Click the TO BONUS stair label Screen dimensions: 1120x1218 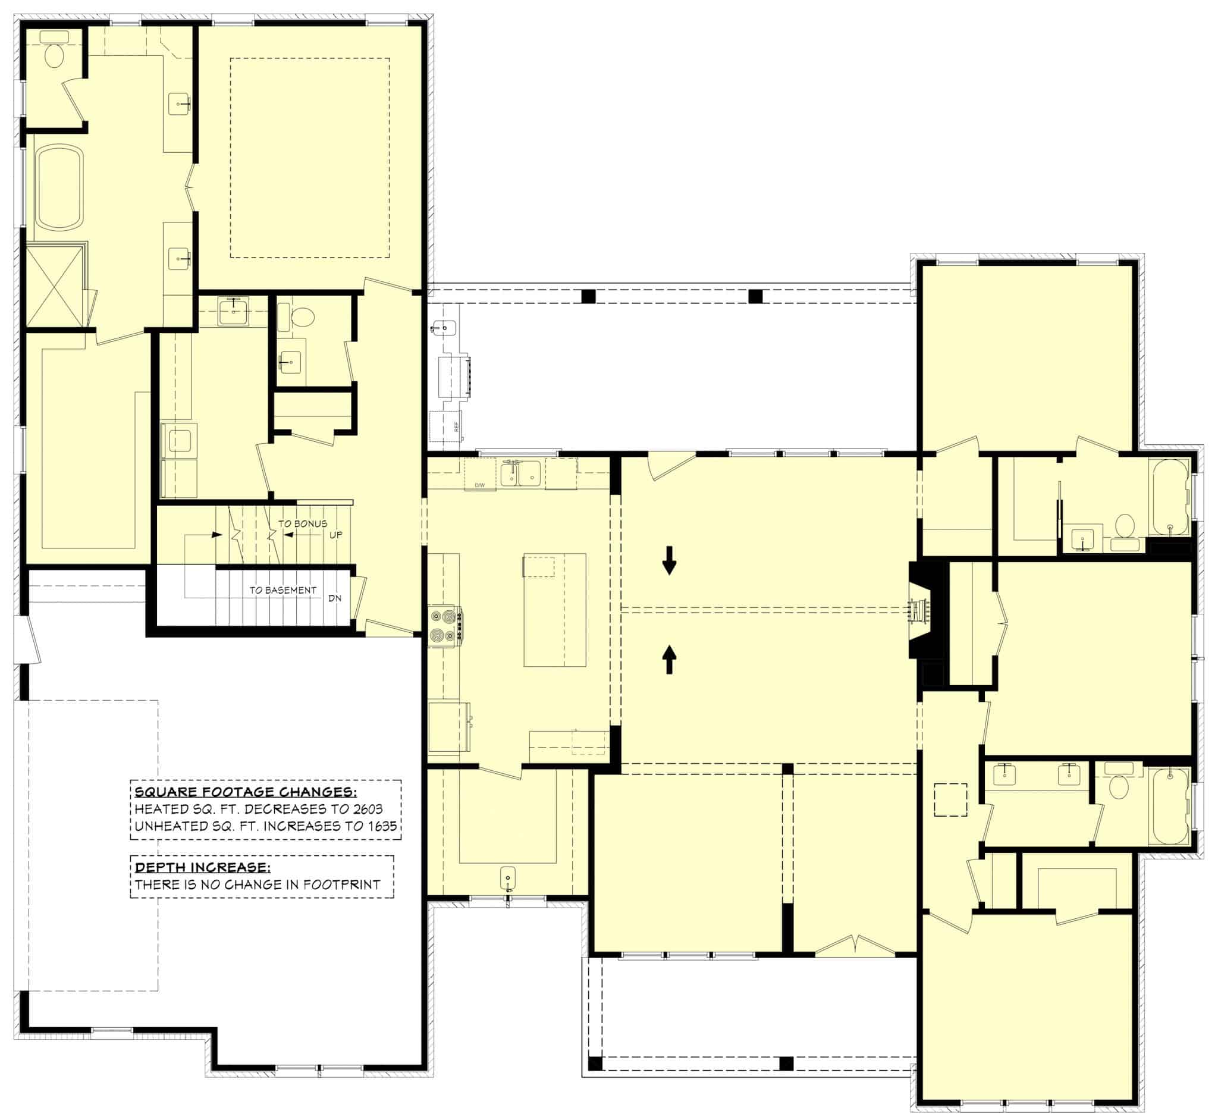click(x=302, y=523)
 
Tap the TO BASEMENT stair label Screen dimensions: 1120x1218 click(x=282, y=589)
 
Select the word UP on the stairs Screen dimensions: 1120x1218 click(x=335, y=535)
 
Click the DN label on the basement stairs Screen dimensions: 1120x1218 click(x=334, y=598)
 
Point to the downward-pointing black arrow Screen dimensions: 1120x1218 click(x=669, y=560)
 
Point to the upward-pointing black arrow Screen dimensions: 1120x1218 click(x=669, y=660)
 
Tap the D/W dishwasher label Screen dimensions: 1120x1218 click(x=480, y=485)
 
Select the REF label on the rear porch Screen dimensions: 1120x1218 click(x=456, y=426)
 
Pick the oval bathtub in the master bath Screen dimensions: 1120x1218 click(x=59, y=187)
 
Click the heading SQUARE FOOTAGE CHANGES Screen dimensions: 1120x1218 click(x=246, y=792)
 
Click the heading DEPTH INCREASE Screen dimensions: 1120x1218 click(x=202, y=867)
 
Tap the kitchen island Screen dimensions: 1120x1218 click(x=554, y=610)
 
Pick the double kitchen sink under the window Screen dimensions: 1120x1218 click(x=520, y=473)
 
